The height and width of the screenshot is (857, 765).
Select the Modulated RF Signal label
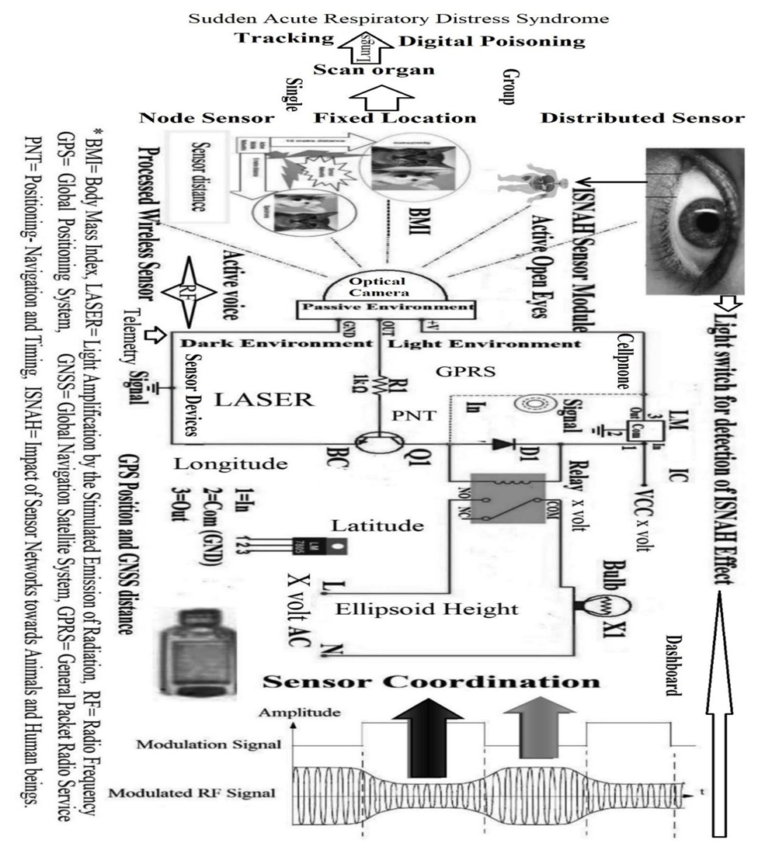click(192, 793)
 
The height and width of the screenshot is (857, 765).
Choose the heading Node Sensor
click(207, 118)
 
